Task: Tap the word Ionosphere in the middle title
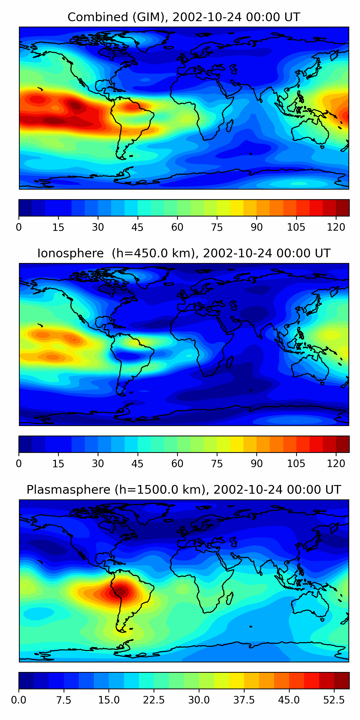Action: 70,253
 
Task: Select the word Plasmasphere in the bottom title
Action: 68,490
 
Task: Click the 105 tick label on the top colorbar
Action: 296,227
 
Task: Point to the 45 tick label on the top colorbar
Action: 138,227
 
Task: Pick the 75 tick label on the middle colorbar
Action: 217,464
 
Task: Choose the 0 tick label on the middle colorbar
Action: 19,464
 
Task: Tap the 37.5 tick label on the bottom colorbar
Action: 244,700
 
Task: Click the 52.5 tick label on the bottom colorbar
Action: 334,700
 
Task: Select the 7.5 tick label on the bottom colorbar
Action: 64,700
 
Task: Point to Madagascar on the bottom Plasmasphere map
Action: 230,598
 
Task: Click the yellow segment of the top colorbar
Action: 237,208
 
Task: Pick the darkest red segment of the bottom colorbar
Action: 342,681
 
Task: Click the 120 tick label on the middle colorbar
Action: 336,464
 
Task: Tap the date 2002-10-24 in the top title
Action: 207,17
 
